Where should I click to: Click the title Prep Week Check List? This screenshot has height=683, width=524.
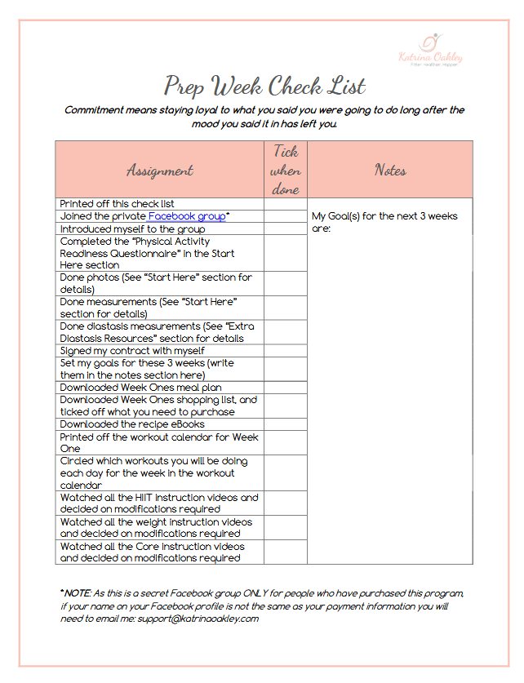click(264, 86)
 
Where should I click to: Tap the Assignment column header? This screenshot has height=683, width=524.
click(160, 170)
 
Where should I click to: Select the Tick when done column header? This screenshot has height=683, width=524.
click(286, 170)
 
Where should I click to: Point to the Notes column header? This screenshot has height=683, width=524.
click(390, 170)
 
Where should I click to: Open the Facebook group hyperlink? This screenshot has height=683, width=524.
click(186, 216)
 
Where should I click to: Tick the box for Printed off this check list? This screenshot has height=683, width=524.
click(286, 204)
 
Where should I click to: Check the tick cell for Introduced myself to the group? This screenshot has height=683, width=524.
click(286, 229)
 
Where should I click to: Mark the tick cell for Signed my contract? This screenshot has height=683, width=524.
click(286, 351)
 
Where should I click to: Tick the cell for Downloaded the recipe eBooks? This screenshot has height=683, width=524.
click(286, 424)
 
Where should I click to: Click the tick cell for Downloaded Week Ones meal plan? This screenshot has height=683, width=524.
click(286, 388)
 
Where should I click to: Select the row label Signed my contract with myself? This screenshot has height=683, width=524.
click(132, 351)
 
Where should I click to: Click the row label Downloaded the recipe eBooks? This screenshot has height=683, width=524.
click(132, 424)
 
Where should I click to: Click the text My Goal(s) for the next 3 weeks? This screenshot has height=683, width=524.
click(384, 217)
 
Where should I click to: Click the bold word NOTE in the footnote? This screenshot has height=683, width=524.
click(78, 593)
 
